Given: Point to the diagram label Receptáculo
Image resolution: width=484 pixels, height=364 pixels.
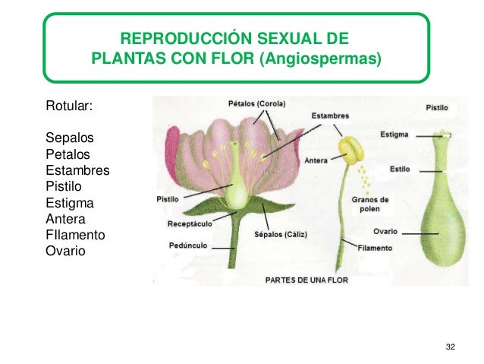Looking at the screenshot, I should click(x=189, y=224).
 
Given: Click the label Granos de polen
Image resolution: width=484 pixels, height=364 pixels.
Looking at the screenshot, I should click(x=370, y=204).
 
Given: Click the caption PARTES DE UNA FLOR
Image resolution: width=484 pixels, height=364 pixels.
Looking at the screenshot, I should click(x=306, y=280).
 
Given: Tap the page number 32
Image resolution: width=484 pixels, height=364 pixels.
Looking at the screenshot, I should click(x=451, y=347).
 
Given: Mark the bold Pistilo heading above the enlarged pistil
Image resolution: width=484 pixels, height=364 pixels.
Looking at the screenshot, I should click(x=436, y=108).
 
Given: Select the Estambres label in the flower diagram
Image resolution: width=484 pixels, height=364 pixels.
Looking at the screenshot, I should click(x=329, y=116).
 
